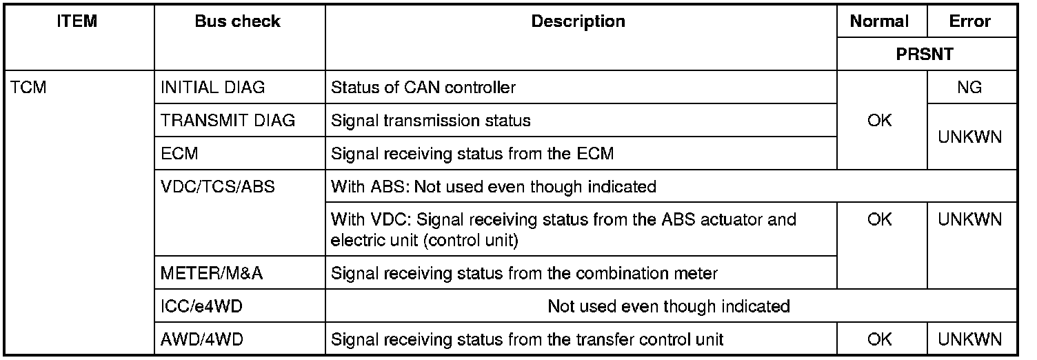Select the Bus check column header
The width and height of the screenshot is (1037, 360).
[237, 21]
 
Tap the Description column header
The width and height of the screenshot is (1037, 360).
[578, 21]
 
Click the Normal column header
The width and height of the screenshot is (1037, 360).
[879, 21]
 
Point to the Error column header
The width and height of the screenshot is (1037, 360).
[969, 21]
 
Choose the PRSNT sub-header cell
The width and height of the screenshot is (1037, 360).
[924, 54]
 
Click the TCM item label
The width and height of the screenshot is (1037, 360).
[28, 88]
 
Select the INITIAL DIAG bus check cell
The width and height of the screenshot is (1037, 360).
[212, 88]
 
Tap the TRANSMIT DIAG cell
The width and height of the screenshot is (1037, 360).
[228, 121]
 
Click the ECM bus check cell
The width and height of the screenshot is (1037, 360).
[179, 154]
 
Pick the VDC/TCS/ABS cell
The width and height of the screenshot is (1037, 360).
[217, 187]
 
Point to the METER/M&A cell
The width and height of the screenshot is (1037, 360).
[212, 273]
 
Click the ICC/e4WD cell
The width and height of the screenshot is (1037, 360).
[201, 306]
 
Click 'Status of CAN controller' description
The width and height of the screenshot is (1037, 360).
[423, 88]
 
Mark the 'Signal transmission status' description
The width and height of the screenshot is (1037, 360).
[431, 121]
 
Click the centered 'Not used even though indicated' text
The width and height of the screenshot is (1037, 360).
[668, 306]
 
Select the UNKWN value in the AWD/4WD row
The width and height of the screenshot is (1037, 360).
[969, 339]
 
